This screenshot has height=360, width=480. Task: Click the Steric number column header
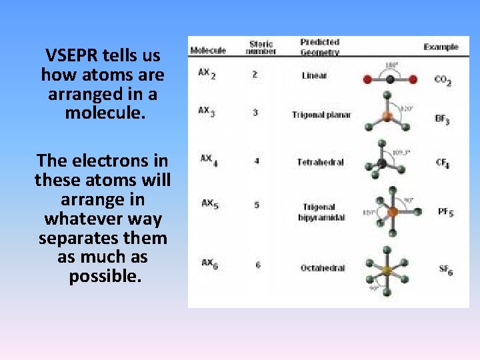point(261,47)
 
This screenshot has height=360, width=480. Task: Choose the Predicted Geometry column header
point(320,47)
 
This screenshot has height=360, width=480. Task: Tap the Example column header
point(441,47)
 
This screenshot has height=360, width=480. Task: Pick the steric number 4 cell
point(257,161)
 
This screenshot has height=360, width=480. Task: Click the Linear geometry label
point(314,75)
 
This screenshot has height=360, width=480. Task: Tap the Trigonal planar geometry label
point(321,115)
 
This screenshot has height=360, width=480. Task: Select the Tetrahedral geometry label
point(321,162)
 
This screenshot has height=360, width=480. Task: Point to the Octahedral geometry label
point(323,267)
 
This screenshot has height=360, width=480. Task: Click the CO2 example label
point(442,80)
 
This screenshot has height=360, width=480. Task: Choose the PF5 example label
point(445,212)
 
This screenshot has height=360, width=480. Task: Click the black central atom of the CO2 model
point(390,79)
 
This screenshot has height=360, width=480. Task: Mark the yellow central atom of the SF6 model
point(385,270)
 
